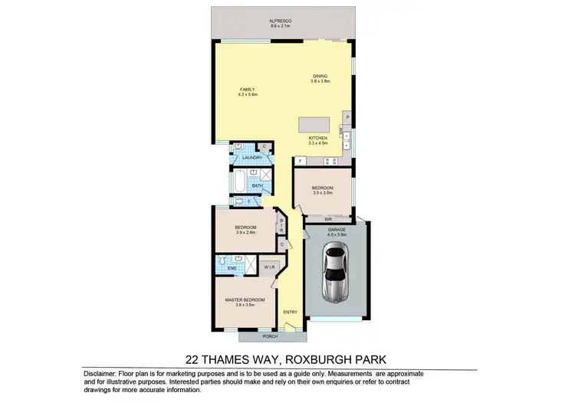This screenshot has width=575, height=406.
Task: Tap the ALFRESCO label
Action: [x=282, y=21]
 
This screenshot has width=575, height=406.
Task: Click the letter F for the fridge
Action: [x=300, y=162]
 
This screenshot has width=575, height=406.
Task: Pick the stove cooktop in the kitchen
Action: [x=330, y=162]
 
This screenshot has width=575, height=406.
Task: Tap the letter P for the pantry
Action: [x=347, y=116]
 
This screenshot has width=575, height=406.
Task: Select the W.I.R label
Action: [x=268, y=267]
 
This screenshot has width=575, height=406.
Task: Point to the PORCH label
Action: [x=269, y=337]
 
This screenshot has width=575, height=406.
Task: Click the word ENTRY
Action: [x=290, y=312]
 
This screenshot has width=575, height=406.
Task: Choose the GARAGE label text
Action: [x=337, y=229]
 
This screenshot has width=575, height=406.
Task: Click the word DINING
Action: [x=320, y=75]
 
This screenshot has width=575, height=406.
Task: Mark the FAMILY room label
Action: [x=248, y=90]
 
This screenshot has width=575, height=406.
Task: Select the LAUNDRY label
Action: [x=253, y=158]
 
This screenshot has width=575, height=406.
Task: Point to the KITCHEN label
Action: [x=317, y=138]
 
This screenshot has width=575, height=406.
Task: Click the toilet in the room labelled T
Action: [x=239, y=202]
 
